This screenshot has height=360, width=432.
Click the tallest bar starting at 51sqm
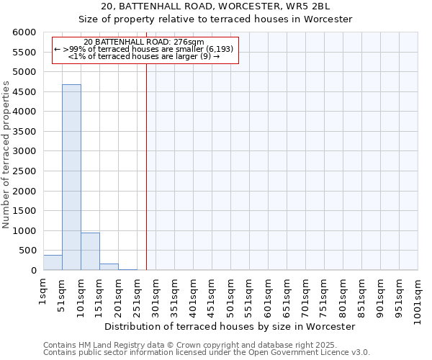point(71,177)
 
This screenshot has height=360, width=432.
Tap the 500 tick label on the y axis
point(28,251)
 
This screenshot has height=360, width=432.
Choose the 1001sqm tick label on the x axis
point(418,297)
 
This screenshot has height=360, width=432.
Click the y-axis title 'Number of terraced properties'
point(6,155)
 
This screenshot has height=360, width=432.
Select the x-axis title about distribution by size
point(230,326)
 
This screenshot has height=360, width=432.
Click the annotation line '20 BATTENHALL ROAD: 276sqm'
point(143,42)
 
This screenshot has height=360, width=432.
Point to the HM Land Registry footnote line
point(190,345)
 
